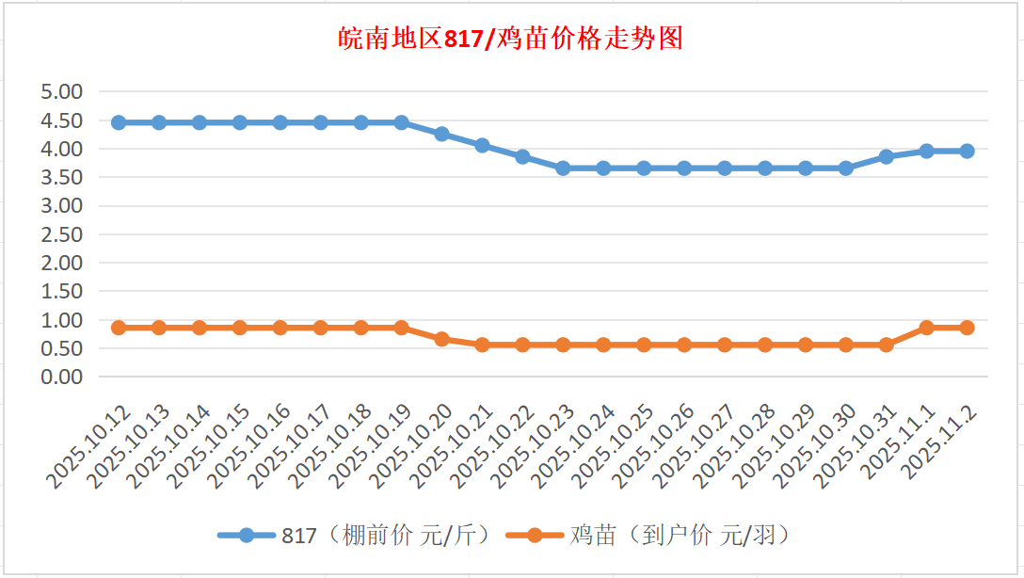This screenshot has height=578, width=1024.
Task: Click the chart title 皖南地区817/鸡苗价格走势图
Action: click(x=510, y=39)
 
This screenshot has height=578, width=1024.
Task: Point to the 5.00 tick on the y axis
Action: click(x=62, y=91)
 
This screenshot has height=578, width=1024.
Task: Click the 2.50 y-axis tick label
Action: click(x=62, y=234)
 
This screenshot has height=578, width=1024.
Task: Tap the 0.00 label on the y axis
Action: click(x=62, y=377)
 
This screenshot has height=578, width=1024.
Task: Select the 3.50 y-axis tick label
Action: click(x=62, y=177)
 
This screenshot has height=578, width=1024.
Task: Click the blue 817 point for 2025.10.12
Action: click(x=119, y=122)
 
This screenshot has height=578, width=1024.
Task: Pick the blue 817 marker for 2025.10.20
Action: click(x=441, y=134)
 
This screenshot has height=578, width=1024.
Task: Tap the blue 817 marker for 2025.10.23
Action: click(x=563, y=169)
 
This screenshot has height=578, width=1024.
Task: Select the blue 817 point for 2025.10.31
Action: click(x=886, y=156)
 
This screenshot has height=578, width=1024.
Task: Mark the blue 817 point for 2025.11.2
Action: click(x=967, y=151)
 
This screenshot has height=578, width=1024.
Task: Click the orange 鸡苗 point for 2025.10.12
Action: click(x=119, y=328)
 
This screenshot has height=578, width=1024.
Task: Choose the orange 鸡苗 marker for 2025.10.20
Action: click(x=441, y=339)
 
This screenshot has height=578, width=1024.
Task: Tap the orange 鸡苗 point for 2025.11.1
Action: click(x=926, y=328)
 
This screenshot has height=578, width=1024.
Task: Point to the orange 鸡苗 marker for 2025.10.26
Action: click(x=684, y=345)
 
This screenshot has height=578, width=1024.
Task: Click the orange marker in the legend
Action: click(x=535, y=536)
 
